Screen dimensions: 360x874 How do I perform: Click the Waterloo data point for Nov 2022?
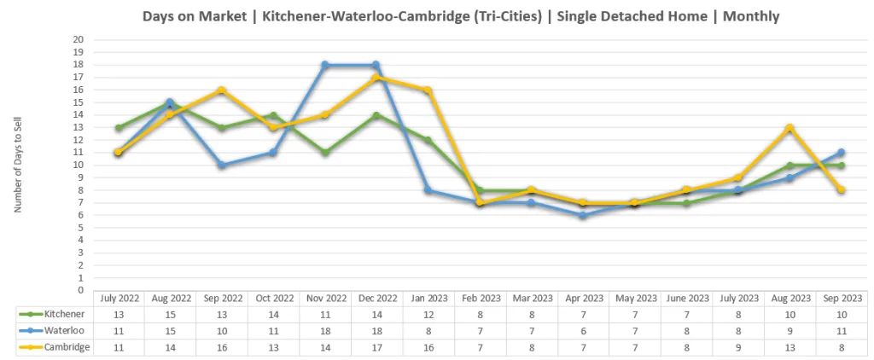(324, 65)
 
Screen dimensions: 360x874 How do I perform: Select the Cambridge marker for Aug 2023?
(790, 128)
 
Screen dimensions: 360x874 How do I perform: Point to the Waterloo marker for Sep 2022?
(221, 165)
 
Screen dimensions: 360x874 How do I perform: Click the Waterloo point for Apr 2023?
(582, 216)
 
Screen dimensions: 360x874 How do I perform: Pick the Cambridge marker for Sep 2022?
(221, 90)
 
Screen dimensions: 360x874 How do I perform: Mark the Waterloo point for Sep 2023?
(841, 153)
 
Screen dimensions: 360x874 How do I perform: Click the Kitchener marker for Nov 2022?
(324, 153)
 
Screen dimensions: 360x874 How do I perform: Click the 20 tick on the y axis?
(79, 40)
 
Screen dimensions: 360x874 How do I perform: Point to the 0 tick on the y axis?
(81, 290)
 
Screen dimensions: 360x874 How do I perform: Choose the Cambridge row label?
(62, 346)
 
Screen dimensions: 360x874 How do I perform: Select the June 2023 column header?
(685, 299)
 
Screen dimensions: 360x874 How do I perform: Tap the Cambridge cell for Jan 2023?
(428, 346)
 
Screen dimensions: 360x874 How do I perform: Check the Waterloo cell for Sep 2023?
(841, 331)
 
